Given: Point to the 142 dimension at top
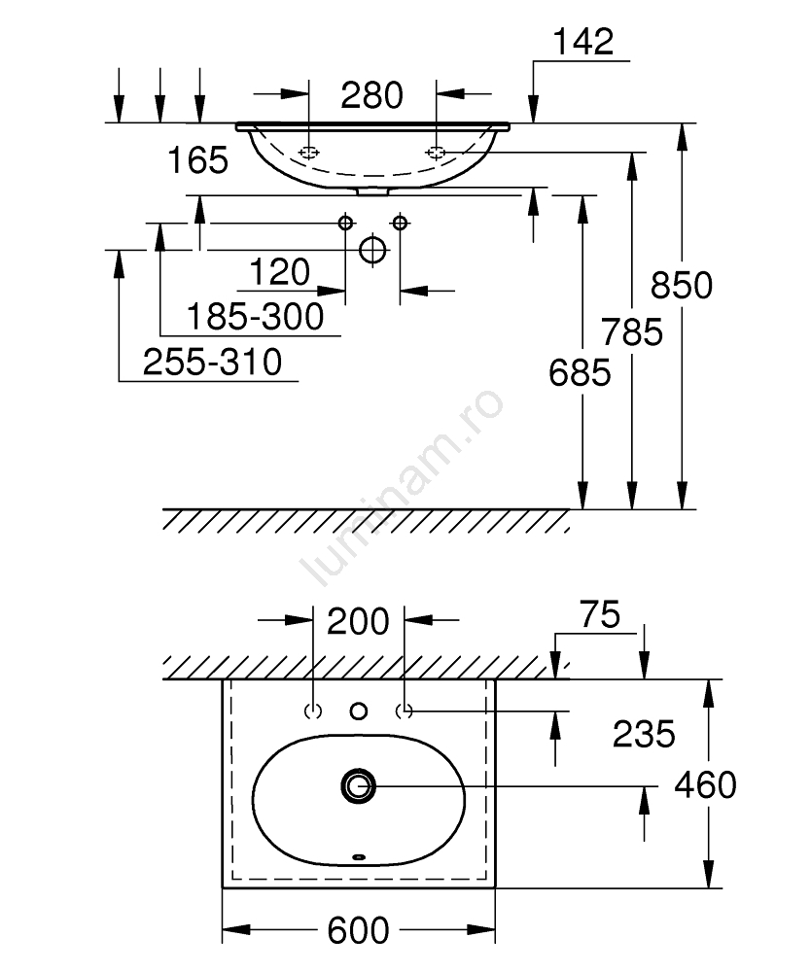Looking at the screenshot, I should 583,42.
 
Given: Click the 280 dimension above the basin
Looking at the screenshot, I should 371,95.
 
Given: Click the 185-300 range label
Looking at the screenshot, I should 255,316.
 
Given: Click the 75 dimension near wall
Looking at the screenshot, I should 598,615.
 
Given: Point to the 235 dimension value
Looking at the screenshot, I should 643,734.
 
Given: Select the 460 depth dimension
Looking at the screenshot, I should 705,783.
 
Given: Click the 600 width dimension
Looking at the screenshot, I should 358,930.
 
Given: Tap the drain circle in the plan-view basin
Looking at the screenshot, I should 358,785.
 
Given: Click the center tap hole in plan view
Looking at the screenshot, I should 359,712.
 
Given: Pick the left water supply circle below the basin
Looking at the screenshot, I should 345,224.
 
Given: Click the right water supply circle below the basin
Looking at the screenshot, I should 400,224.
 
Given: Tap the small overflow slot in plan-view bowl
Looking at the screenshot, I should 359,856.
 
